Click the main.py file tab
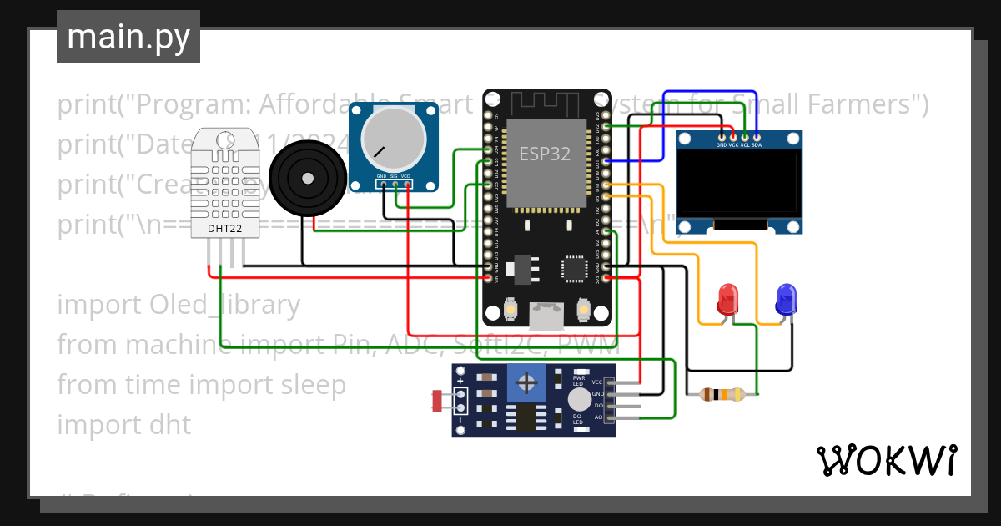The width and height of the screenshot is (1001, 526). [x=128, y=38]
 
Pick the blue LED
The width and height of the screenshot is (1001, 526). [x=786, y=300]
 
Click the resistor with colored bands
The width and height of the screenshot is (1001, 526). [x=722, y=394]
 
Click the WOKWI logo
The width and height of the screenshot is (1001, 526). [x=886, y=460]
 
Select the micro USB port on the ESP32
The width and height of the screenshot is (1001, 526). [x=546, y=315]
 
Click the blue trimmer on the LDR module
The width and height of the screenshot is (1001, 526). [x=526, y=383]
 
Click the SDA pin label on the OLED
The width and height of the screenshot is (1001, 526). [x=757, y=145]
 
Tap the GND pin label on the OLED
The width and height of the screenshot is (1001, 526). [x=722, y=145]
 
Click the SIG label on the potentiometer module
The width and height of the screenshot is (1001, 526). [x=393, y=176]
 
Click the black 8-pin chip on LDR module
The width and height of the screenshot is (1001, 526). [x=526, y=417]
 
